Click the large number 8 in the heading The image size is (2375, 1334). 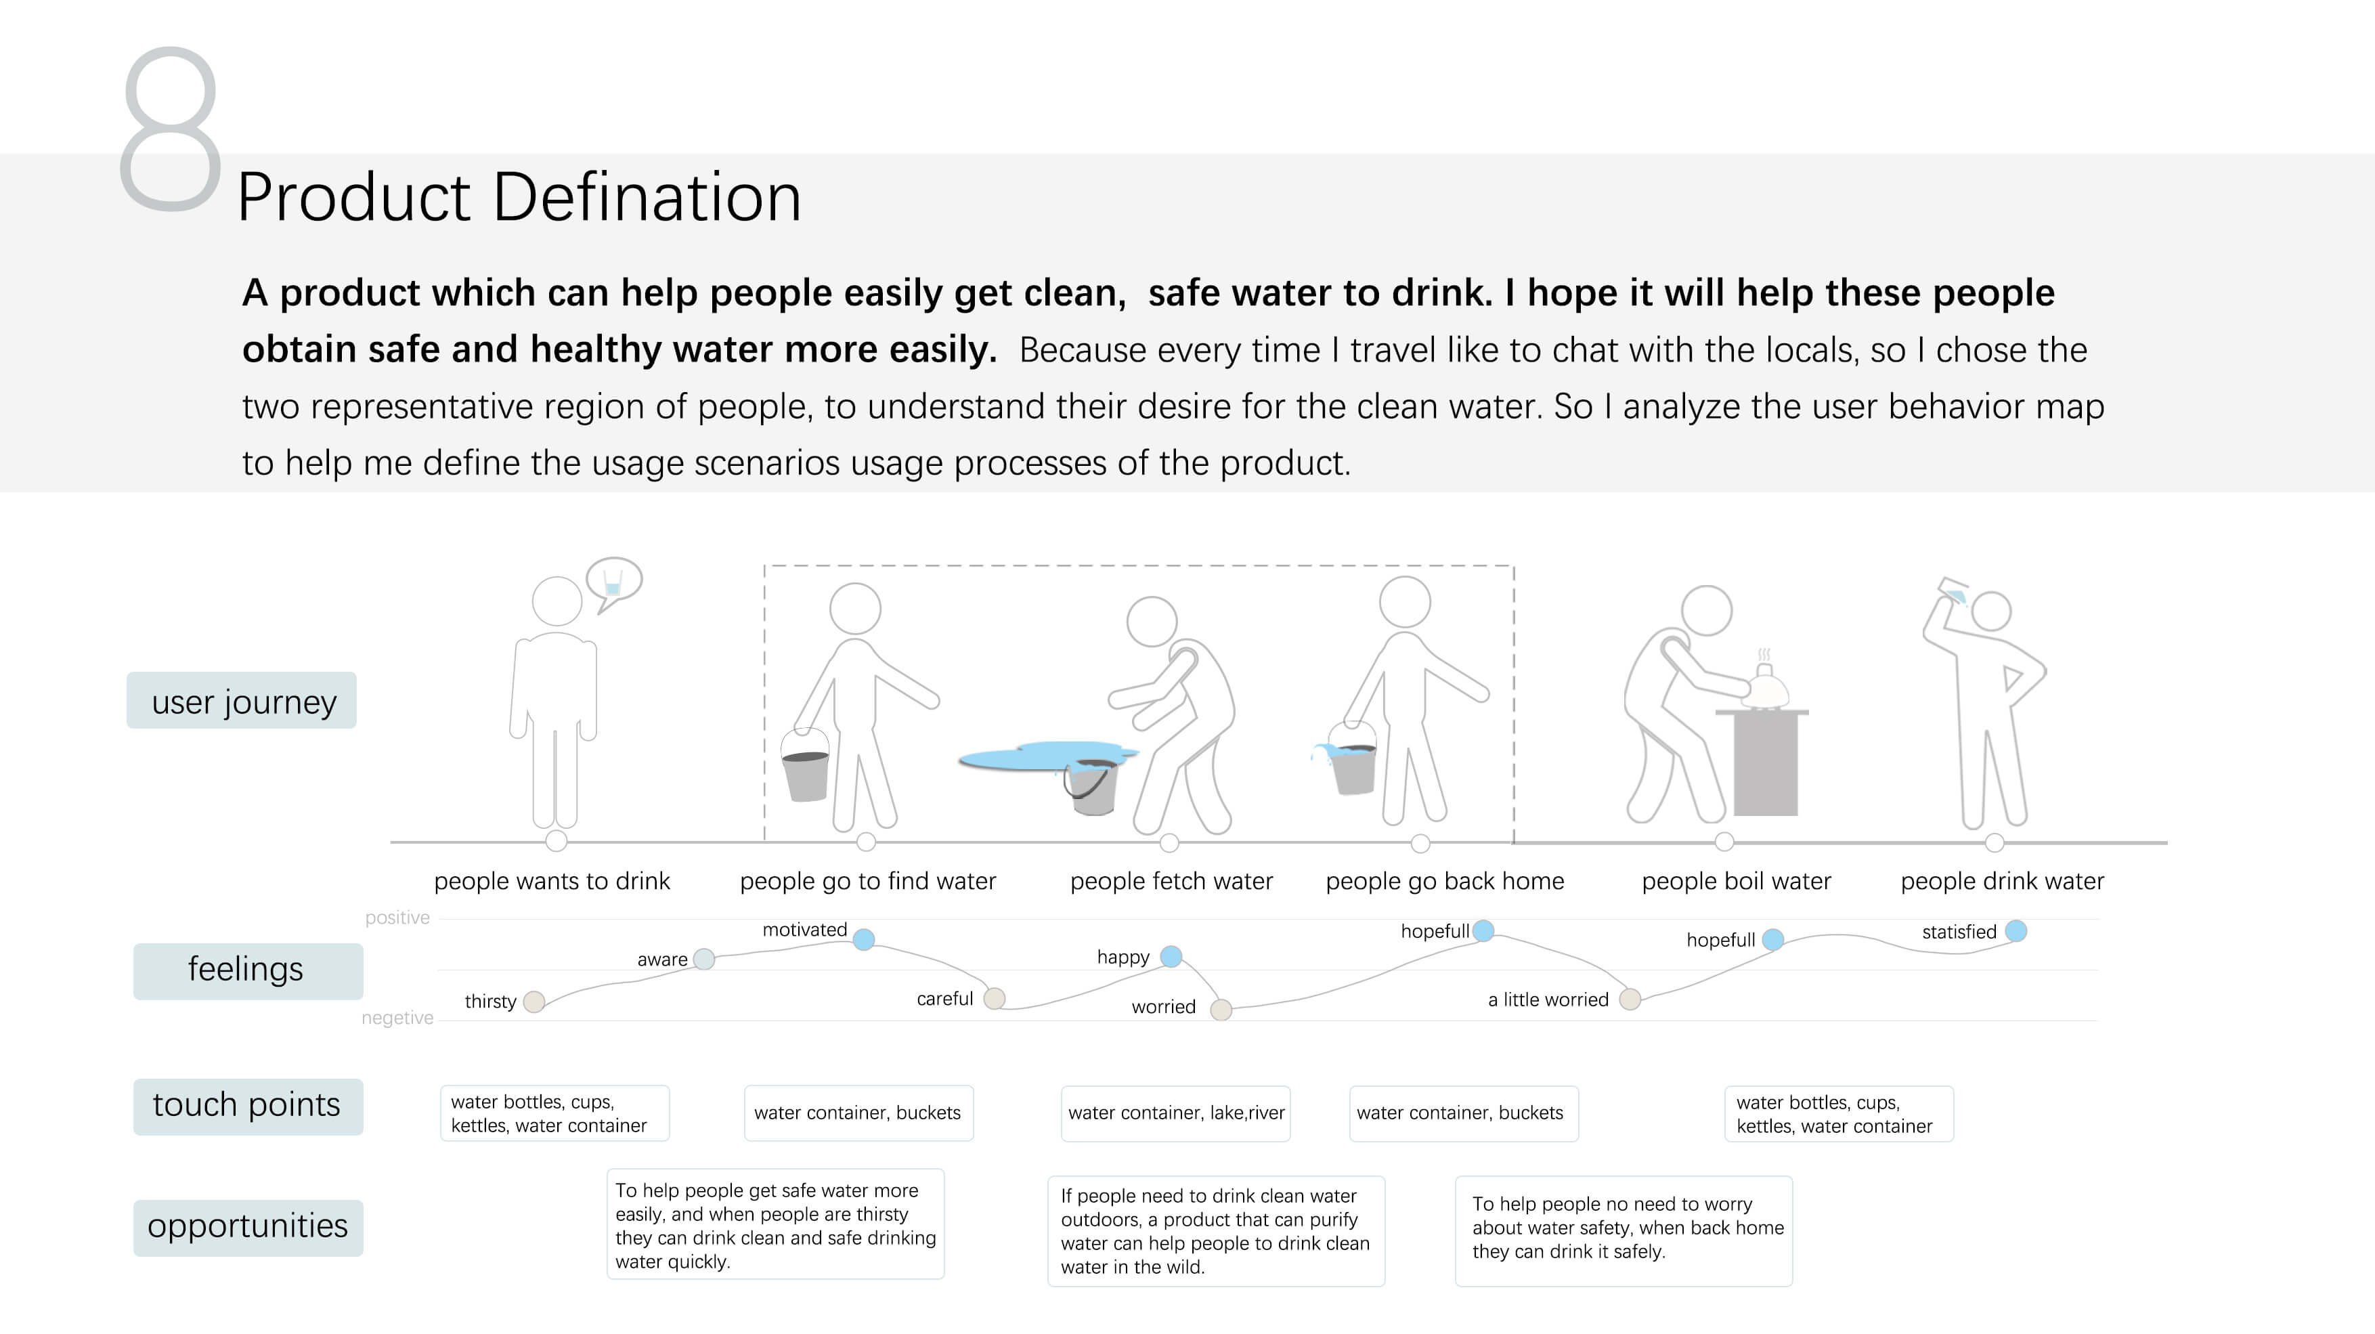[171, 129]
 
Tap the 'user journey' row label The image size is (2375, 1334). [242, 702]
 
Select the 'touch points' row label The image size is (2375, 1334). [247, 1105]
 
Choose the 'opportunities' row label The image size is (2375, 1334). [247, 1227]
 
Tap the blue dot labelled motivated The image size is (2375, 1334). [863, 939]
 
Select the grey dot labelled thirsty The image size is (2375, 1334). [533, 1002]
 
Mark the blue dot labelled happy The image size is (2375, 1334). [1171, 957]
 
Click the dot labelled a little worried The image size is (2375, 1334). [1629, 999]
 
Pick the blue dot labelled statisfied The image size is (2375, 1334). [2016, 931]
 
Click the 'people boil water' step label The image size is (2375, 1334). [1735, 882]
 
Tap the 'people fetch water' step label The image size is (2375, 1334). [1171, 882]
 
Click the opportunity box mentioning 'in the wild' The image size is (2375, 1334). [1215, 1231]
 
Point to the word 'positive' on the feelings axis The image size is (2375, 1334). [397, 918]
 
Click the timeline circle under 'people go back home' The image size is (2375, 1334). [1420, 844]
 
